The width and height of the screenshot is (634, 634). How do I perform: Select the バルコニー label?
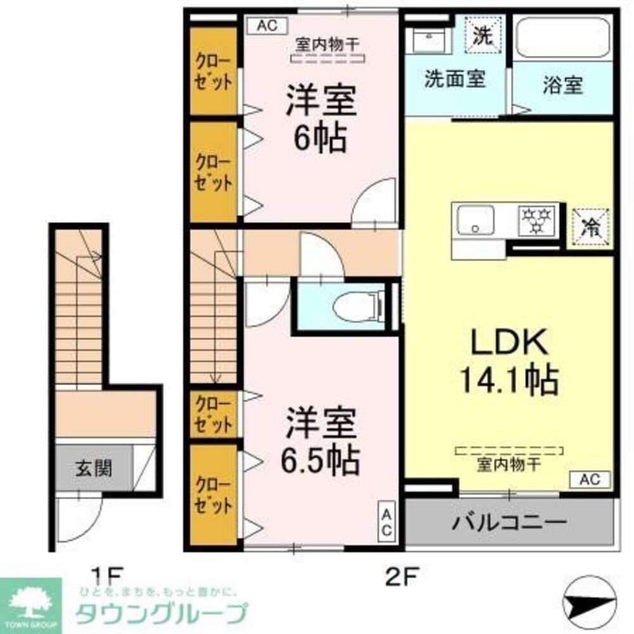click(x=508, y=523)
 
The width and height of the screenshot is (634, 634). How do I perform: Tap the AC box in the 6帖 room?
click(x=266, y=26)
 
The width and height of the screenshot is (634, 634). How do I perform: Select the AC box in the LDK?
click(x=590, y=479)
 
